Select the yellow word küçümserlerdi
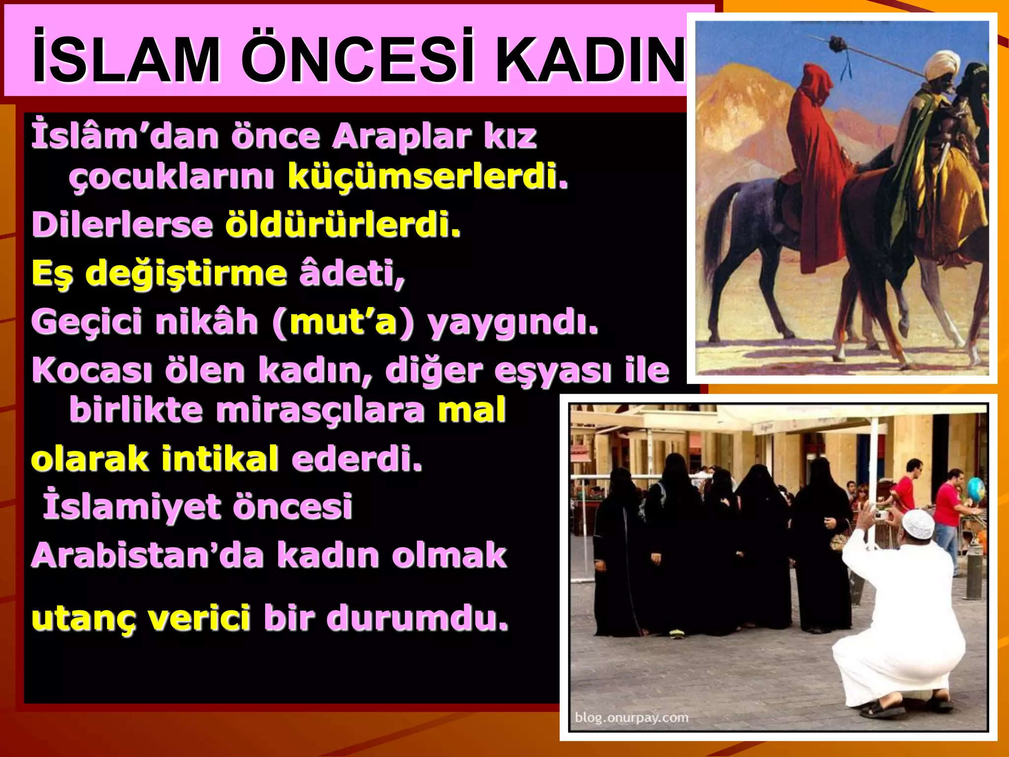coord(428,176)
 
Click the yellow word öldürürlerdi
coord(343,224)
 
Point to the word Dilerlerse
coord(122,224)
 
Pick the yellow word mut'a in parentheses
coord(343,322)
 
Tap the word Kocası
coord(92,370)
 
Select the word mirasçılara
coord(320,410)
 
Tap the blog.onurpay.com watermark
coord(632,717)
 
